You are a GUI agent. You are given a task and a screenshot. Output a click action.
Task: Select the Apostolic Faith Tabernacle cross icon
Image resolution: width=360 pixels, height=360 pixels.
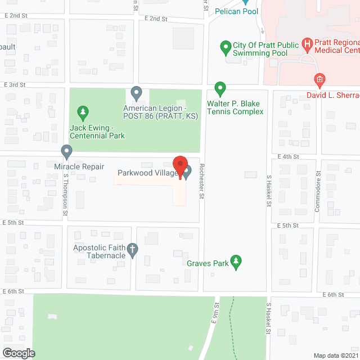pos(132,250)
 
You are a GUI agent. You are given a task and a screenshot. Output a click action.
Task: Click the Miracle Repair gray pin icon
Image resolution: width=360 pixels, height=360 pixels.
pos(66,152)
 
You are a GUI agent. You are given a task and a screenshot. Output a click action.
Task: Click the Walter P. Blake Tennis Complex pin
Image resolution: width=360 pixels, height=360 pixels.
pos(220,89)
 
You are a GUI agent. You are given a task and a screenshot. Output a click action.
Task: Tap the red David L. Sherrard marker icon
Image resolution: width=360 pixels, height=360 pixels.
pos(319,80)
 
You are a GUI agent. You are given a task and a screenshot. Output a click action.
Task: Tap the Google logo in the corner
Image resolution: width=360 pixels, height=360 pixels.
pos(19,353)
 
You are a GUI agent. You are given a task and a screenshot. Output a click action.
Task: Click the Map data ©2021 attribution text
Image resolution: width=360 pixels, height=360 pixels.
pos(335,355)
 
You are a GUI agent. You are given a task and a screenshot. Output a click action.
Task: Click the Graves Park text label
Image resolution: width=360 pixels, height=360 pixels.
pos(208,263)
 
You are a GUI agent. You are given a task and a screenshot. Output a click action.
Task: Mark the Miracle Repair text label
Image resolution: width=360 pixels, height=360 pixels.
pos(79,166)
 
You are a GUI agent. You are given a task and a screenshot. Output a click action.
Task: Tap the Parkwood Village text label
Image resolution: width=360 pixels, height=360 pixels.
pos(147,173)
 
